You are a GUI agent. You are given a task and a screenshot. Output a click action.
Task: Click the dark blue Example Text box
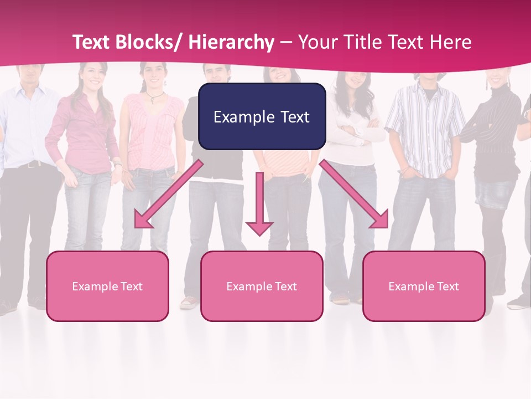pos(262,116)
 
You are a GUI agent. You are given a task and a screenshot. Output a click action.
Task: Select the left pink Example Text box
pos(107,286)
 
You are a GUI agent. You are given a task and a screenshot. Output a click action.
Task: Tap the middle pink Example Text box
pos(262,286)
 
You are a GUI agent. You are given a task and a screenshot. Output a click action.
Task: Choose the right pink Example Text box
pos(424,286)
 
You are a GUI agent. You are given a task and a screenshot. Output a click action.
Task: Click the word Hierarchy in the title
pos(231,42)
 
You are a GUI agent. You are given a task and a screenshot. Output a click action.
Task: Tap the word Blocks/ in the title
pos(150,42)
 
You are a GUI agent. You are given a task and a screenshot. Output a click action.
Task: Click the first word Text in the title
pos(91,42)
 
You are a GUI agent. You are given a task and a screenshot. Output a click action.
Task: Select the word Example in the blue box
pos(240,117)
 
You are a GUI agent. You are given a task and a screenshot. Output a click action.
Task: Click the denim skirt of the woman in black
pos(496,192)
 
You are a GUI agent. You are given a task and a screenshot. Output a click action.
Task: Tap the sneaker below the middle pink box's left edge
pos(189,302)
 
